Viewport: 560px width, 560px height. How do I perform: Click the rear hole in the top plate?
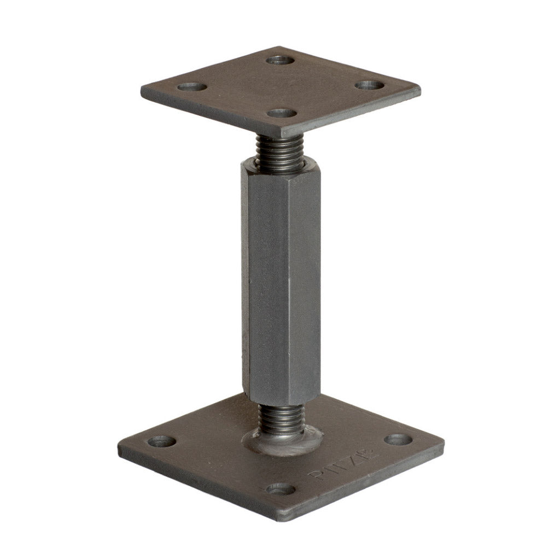pos(281,59)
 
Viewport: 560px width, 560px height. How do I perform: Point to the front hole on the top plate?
pos(282,113)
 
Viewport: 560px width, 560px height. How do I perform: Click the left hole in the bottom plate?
pos(162,441)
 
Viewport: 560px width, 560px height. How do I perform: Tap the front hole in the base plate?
pos(281,488)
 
